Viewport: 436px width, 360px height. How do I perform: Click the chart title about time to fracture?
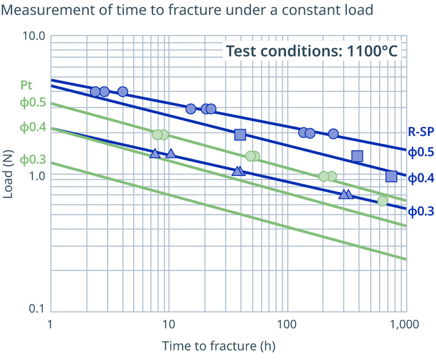pos(187,10)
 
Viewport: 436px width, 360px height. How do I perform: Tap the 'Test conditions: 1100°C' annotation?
pos(312,51)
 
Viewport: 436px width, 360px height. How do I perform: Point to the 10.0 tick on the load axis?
pos(34,36)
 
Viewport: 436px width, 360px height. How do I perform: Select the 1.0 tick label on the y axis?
pos(37,176)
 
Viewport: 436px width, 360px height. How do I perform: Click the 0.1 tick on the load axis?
pos(37,308)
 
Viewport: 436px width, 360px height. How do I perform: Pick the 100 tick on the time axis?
pos(287,324)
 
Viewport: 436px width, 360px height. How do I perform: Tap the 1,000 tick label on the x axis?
pos(404,324)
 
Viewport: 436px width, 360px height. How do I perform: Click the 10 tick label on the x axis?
pos(168,324)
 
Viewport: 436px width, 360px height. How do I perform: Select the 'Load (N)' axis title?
pos(8,174)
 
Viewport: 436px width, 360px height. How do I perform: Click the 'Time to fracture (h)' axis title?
pos(218,346)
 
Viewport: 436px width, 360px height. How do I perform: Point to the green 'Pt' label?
pos(27,85)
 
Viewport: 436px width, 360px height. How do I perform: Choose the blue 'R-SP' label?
pos(421,132)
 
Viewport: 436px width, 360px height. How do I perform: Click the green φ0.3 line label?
pos(33,160)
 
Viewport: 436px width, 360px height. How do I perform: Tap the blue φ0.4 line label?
pos(421,178)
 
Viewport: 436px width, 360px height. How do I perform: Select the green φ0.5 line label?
pos(33,103)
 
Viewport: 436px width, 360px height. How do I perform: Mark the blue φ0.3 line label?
pos(421,211)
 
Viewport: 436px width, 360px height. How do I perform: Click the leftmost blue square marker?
pos(240,135)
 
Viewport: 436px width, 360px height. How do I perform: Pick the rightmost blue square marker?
pos(391,176)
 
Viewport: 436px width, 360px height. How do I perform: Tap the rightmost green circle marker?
pos(382,201)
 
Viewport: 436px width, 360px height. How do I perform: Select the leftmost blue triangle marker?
pos(155,153)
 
